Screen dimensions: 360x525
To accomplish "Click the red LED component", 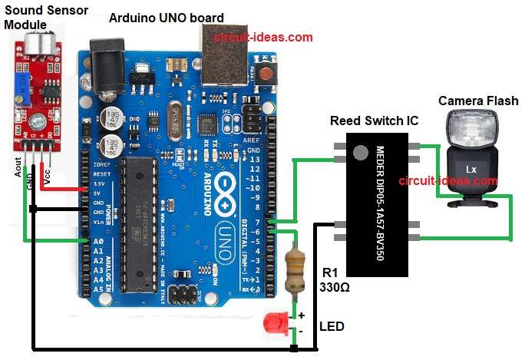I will (274, 322).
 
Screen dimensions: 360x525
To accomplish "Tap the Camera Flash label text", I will (477, 101).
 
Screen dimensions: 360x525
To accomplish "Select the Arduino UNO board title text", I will (167, 18).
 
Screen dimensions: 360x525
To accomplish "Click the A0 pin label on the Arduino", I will (98, 241).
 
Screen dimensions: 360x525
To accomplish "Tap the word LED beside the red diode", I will (331, 326).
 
